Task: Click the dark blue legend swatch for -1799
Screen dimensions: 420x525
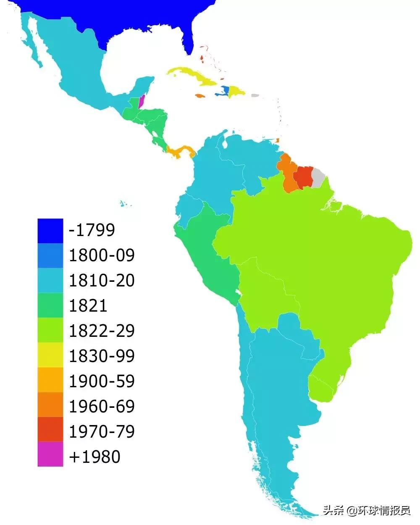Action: pyautogui.click(x=50, y=231)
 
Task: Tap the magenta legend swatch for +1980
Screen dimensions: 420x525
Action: pyautogui.click(x=50, y=454)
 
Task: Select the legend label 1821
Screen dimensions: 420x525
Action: pyautogui.click(x=88, y=305)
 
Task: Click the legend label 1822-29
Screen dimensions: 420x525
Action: pyautogui.click(x=102, y=331)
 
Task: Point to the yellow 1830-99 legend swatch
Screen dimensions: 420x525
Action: pyautogui.click(x=50, y=356)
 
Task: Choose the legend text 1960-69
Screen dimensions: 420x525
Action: pyautogui.click(x=102, y=406)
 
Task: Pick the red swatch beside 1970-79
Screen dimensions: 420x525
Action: pyautogui.click(x=50, y=429)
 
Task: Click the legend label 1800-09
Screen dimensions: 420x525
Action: pyautogui.click(x=102, y=255)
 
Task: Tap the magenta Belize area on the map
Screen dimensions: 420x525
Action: pyautogui.click(x=142, y=101)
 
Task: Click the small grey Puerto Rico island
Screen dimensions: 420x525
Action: pyautogui.click(x=255, y=95)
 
